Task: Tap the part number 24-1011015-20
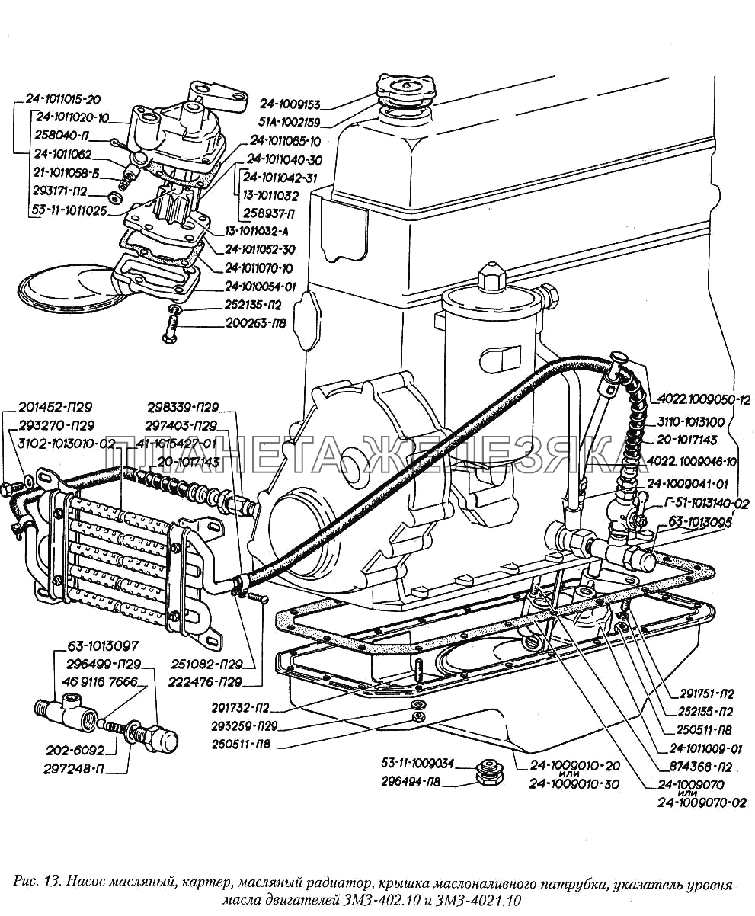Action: coord(62,98)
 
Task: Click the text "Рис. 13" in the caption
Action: coord(37,885)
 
